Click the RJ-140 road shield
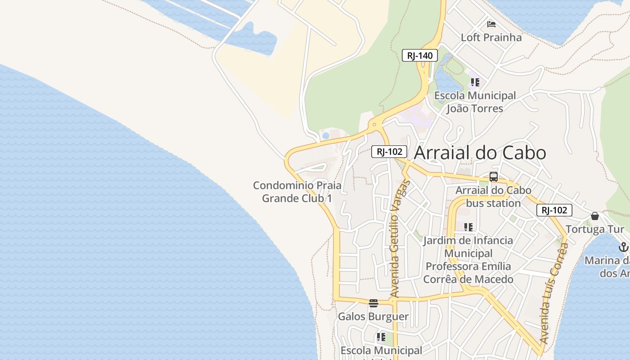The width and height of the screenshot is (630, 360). pos(419,56)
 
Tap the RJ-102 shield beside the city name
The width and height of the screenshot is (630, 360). pos(389,152)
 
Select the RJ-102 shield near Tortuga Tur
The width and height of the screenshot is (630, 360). pos(554,210)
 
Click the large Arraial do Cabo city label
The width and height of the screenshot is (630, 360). pos(480,153)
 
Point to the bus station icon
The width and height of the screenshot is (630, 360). pos(493,177)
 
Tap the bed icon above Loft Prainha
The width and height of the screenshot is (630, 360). pos(491,24)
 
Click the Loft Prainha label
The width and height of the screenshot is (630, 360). pos(491,37)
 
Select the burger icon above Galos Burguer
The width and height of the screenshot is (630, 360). pos(373,303)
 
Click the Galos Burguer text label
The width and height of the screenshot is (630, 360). pos(373,316)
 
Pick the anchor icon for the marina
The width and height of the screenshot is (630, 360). pos(623,247)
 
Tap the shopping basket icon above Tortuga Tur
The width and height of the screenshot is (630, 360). pos(595,216)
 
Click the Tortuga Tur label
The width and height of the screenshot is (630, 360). pos(595,229)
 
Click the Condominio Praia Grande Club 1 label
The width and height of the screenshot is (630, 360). pos(297,192)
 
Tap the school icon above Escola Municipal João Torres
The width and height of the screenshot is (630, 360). pos(475,82)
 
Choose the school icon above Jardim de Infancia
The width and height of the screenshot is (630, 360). pos(468,227)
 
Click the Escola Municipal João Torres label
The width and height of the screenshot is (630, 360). pos(475,102)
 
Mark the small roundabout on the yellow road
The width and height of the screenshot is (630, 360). pos(374,124)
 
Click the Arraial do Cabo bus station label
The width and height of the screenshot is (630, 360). pos(493,197)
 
